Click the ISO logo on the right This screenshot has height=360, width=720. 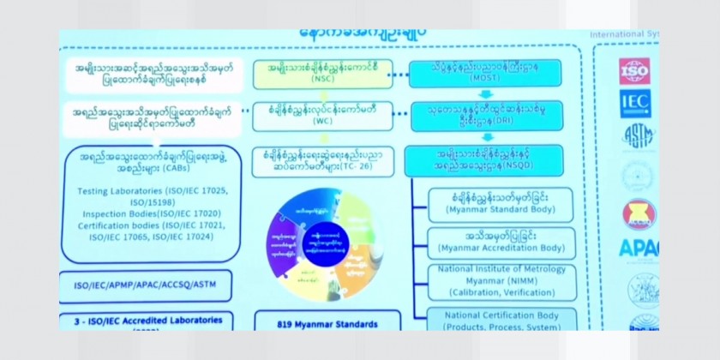point(635,70)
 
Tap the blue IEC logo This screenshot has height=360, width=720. point(635,104)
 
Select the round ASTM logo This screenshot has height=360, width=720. point(635,136)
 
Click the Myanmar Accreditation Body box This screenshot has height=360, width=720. point(501,241)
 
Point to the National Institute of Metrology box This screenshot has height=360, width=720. point(501,281)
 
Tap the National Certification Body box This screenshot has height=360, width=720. point(501,320)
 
